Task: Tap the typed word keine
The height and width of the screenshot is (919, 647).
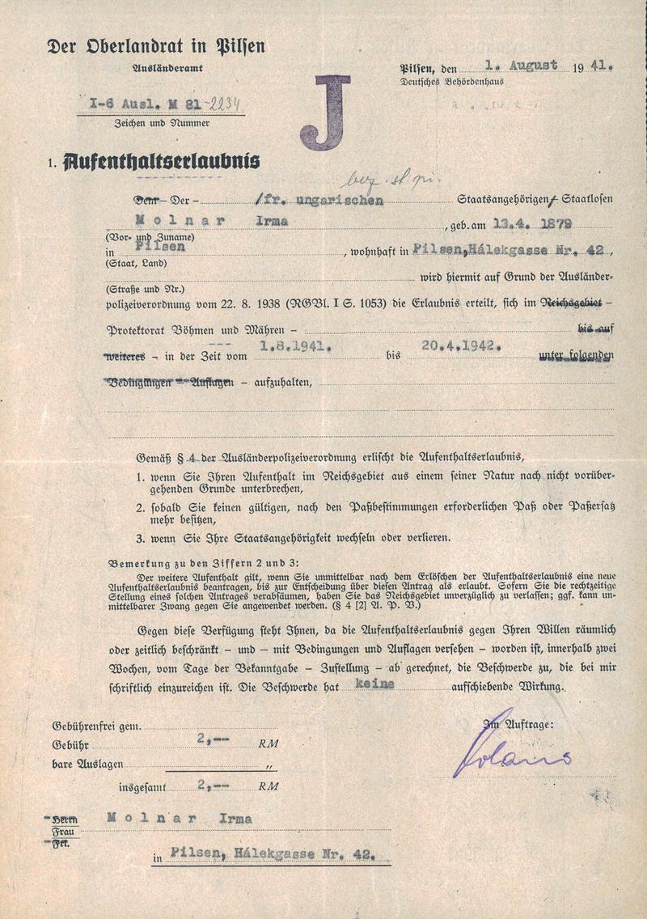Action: pos(374,684)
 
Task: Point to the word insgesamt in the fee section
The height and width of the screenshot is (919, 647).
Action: pos(141,785)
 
